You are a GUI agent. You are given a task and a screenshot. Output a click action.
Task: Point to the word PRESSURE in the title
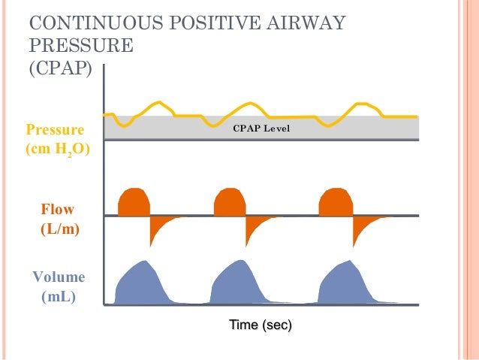(81, 45)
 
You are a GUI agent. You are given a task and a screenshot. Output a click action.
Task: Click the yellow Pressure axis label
(55, 129)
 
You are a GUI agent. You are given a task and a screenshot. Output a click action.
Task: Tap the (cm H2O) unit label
(57, 149)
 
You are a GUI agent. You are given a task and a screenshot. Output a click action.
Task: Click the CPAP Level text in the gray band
(261, 129)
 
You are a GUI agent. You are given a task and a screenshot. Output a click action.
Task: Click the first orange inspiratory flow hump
(134, 201)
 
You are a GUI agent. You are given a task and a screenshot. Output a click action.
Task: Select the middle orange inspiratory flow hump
(230, 201)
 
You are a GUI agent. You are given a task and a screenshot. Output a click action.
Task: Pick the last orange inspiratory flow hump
(336, 201)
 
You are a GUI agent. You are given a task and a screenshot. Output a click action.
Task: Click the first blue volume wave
(140, 285)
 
